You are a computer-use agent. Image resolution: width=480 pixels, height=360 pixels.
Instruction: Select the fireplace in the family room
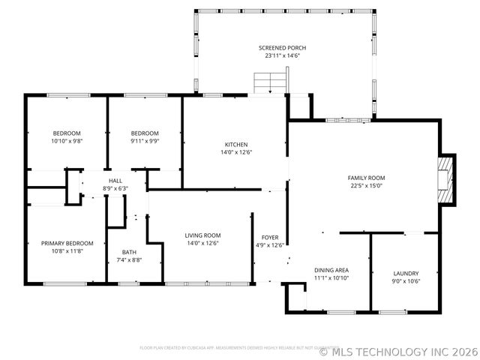(447, 180)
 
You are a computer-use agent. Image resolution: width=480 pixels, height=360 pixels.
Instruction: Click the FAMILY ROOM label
(366, 178)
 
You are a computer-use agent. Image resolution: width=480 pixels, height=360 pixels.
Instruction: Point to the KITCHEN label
(236, 145)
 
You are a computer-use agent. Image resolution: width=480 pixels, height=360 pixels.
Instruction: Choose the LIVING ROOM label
(202, 235)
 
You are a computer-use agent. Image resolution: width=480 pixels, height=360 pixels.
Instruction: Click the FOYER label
(270, 237)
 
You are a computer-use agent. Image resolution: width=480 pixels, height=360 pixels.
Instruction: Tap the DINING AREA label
(331, 270)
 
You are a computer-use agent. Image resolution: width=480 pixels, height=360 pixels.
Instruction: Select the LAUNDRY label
(406, 274)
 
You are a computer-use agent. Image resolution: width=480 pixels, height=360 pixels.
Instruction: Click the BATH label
(129, 253)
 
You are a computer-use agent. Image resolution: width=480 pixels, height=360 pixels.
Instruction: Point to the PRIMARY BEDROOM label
(67, 243)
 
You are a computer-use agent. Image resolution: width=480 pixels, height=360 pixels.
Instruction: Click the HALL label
(115, 181)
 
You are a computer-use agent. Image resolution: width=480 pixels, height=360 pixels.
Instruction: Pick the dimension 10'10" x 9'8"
(66, 141)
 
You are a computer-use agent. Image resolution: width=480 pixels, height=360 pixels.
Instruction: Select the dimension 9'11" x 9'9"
(144, 141)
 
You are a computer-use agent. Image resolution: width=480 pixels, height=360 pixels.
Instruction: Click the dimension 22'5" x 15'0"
(366, 186)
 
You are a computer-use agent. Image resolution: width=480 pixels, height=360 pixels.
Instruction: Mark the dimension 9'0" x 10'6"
(406, 281)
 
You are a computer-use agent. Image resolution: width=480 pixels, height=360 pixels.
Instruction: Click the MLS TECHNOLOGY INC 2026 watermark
(398, 350)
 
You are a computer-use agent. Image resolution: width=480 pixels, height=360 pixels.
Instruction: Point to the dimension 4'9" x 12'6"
(270, 244)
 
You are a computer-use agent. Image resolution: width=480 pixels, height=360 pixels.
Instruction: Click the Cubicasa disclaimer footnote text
(229, 348)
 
